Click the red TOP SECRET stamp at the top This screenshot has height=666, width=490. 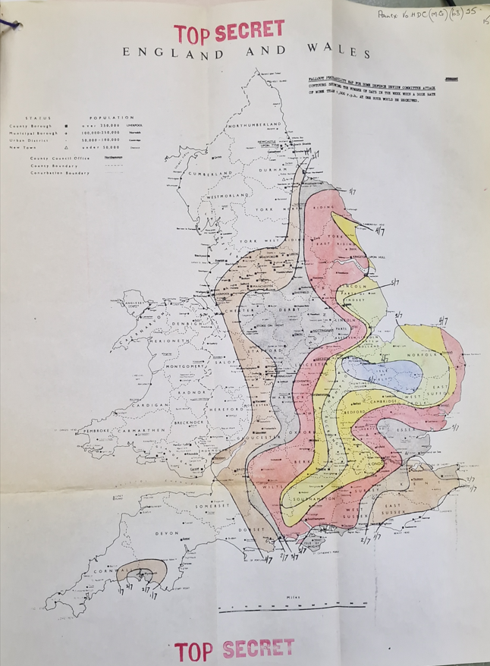229,32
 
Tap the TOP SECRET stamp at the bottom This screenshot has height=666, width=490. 234,649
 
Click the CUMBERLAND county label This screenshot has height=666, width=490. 210,174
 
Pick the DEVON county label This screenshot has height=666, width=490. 167,533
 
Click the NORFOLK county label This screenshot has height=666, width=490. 427,354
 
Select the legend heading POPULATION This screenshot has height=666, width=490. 112,118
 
